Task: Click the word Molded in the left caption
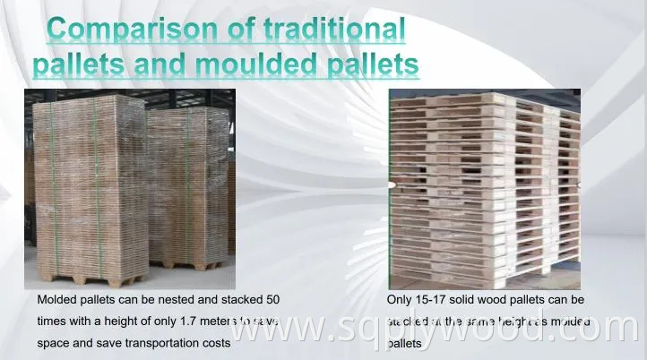[57, 300]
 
